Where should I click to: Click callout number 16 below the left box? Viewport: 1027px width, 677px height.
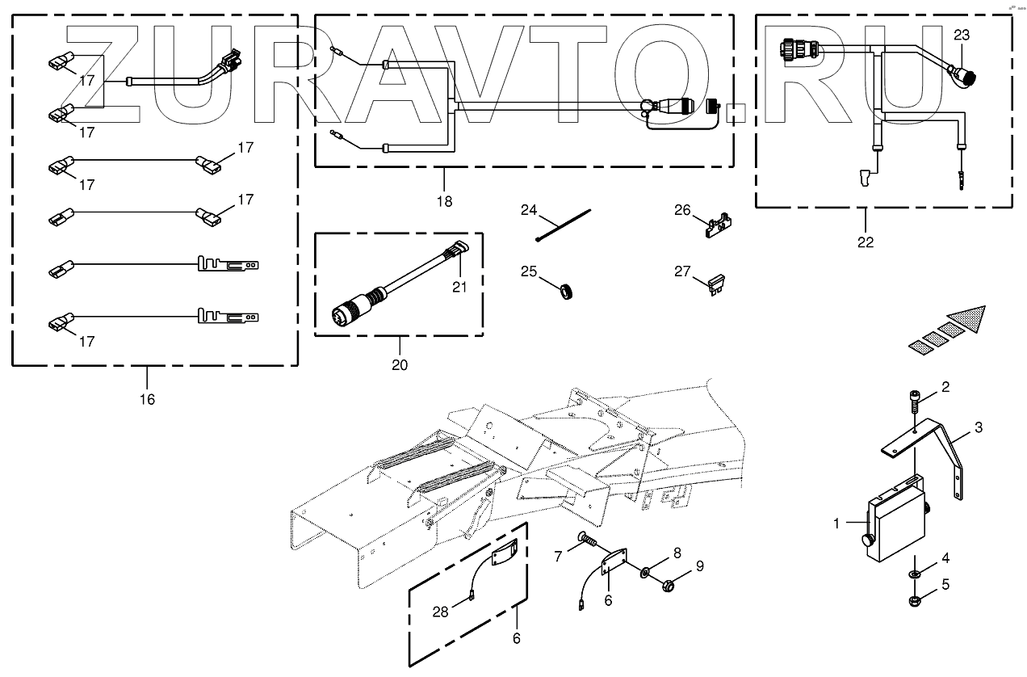click(147, 399)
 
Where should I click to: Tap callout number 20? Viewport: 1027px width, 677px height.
click(400, 365)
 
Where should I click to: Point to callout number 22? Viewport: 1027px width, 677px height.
click(866, 242)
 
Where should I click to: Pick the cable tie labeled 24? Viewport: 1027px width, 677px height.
click(564, 225)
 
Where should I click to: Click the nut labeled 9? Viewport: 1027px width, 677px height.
click(669, 583)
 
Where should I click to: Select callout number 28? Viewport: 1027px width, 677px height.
click(439, 612)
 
